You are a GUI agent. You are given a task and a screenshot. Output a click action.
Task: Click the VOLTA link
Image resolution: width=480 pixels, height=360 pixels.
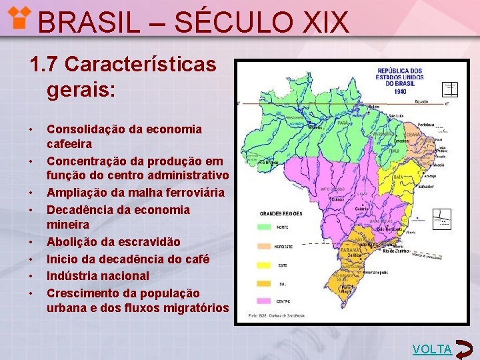(x=432, y=349)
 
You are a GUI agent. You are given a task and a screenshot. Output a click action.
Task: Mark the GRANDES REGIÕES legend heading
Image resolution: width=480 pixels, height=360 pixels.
(x=281, y=213)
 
